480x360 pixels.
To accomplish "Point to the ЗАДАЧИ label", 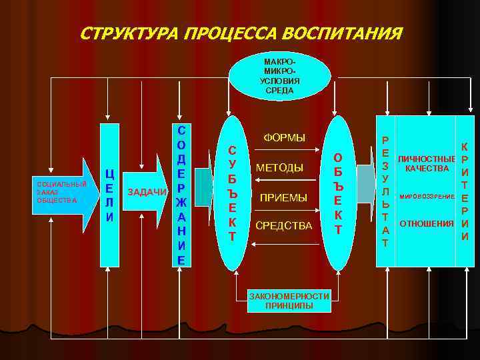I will (x=147, y=192).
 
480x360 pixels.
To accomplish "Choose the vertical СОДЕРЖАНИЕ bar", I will (x=181, y=193).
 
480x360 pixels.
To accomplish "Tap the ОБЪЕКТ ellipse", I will (x=338, y=193).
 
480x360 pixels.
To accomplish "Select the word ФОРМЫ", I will (x=285, y=138).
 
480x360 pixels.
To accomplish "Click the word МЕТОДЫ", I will (x=279, y=167).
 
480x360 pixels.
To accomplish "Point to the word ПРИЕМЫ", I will (x=283, y=197).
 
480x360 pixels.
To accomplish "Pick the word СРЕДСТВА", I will (x=283, y=226).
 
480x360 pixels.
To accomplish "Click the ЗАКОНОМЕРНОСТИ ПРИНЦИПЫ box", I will (x=289, y=301).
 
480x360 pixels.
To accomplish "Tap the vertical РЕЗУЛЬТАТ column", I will (x=385, y=192).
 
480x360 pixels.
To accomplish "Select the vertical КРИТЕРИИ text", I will (x=464, y=192).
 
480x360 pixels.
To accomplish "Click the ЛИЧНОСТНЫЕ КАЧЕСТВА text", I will (x=426, y=163).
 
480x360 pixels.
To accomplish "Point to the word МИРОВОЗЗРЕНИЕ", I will (x=427, y=197).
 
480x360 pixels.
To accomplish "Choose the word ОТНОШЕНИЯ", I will (x=426, y=223).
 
